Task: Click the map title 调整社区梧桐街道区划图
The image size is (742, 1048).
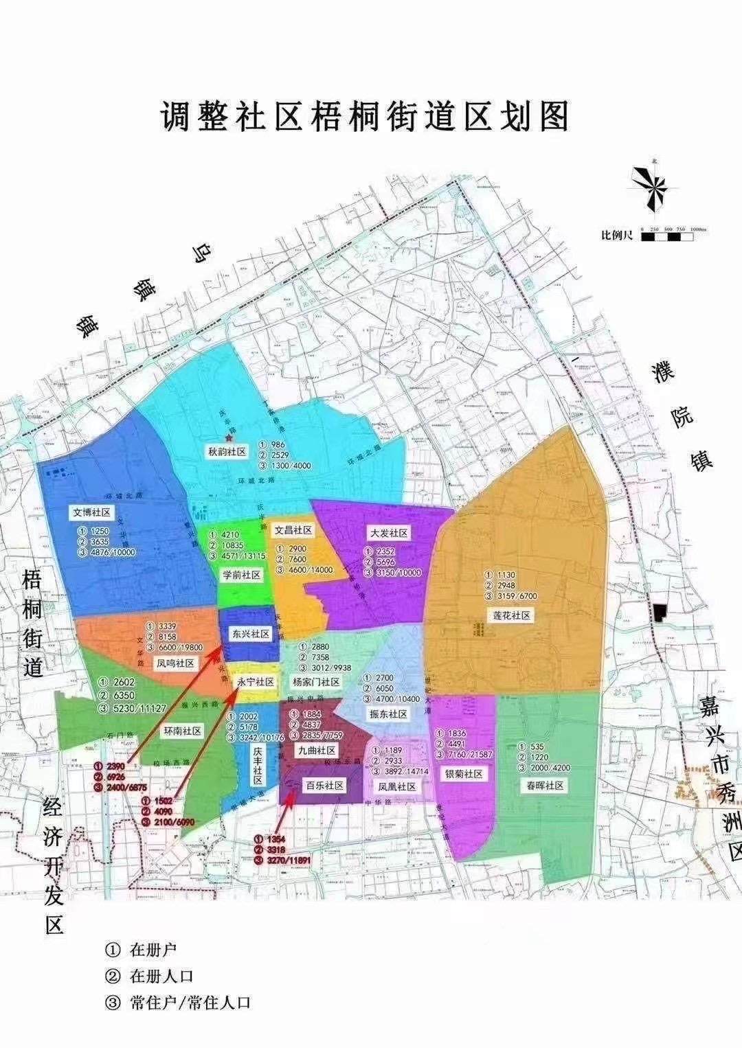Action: coord(365,117)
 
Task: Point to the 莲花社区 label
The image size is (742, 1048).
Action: coord(512,615)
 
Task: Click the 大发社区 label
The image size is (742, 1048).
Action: coord(390,533)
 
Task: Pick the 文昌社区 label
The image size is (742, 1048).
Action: coord(293,530)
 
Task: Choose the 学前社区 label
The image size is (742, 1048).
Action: coord(242,574)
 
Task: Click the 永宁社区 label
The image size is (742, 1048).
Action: coord(256,682)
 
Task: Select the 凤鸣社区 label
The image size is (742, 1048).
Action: coord(176,663)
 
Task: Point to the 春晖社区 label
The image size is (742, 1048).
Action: coord(546,785)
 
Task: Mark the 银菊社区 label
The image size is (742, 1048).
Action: coord(464,774)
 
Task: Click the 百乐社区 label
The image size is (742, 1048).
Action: coord(324,785)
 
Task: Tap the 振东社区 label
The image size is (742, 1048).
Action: coord(388,714)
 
